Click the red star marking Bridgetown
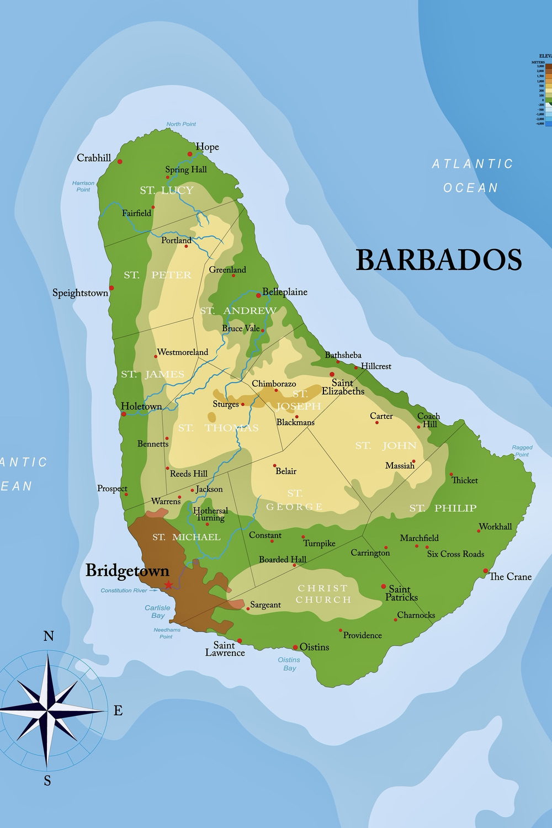click(168, 585)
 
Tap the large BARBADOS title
click(439, 260)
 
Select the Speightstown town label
click(80, 293)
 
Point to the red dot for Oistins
click(295, 647)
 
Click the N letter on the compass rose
click(49, 636)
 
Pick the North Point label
click(181, 124)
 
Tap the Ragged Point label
click(522, 451)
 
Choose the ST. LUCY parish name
click(166, 191)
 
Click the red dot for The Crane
click(486, 571)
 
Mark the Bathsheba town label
click(343, 355)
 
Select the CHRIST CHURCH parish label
click(323, 594)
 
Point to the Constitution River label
click(124, 591)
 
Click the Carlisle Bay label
click(158, 612)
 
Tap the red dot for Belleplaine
click(258, 295)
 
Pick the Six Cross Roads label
click(455, 554)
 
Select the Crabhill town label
click(94, 158)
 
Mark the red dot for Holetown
click(124, 414)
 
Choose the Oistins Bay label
click(289, 664)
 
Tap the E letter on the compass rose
click(118, 711)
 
